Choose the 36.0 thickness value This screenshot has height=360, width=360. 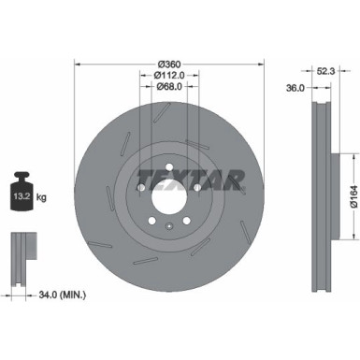click(294, 89)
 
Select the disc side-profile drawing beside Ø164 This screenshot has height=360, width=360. click(320, 178)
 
